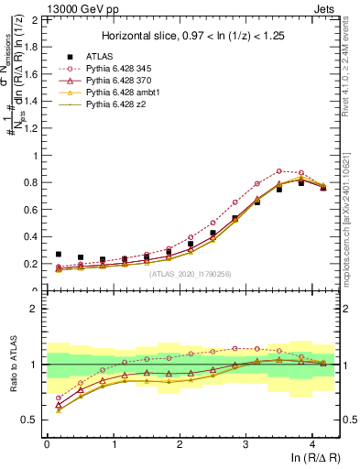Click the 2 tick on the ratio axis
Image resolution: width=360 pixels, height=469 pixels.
click(38, 309)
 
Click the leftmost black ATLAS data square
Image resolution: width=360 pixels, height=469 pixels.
click(59, 255)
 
